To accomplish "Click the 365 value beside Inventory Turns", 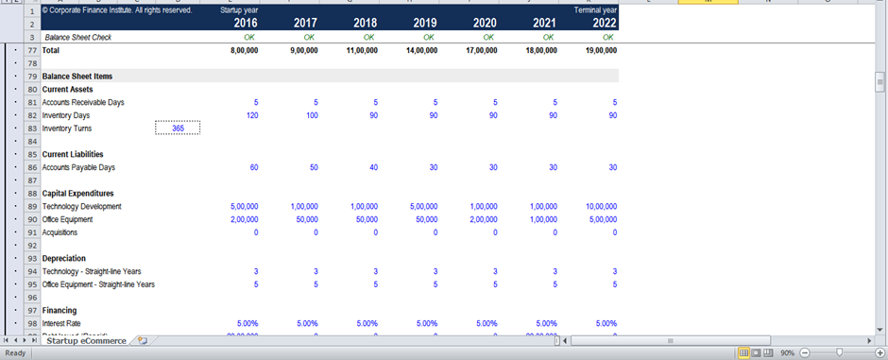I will [x=178, y=129].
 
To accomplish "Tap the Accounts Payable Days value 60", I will [x=253, y=167].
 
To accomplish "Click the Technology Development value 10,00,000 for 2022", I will [x=600, y=206].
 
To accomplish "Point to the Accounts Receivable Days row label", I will [x=83, y=102].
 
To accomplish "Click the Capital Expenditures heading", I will [x=77, y=194].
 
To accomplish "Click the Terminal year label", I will [x=595, y=9].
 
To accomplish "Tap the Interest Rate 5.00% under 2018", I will [x=367, y=323].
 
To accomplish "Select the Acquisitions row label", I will [x=60, y=232].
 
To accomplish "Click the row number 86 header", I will [x=32, y=167].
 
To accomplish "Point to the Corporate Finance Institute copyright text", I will [x=117, y=9].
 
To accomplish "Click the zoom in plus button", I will [x=879, y=352].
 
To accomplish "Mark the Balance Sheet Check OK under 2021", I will [x=549, y=37].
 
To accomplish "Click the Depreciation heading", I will [x=64, y=258].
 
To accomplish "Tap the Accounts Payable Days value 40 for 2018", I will [x=373, y=167].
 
